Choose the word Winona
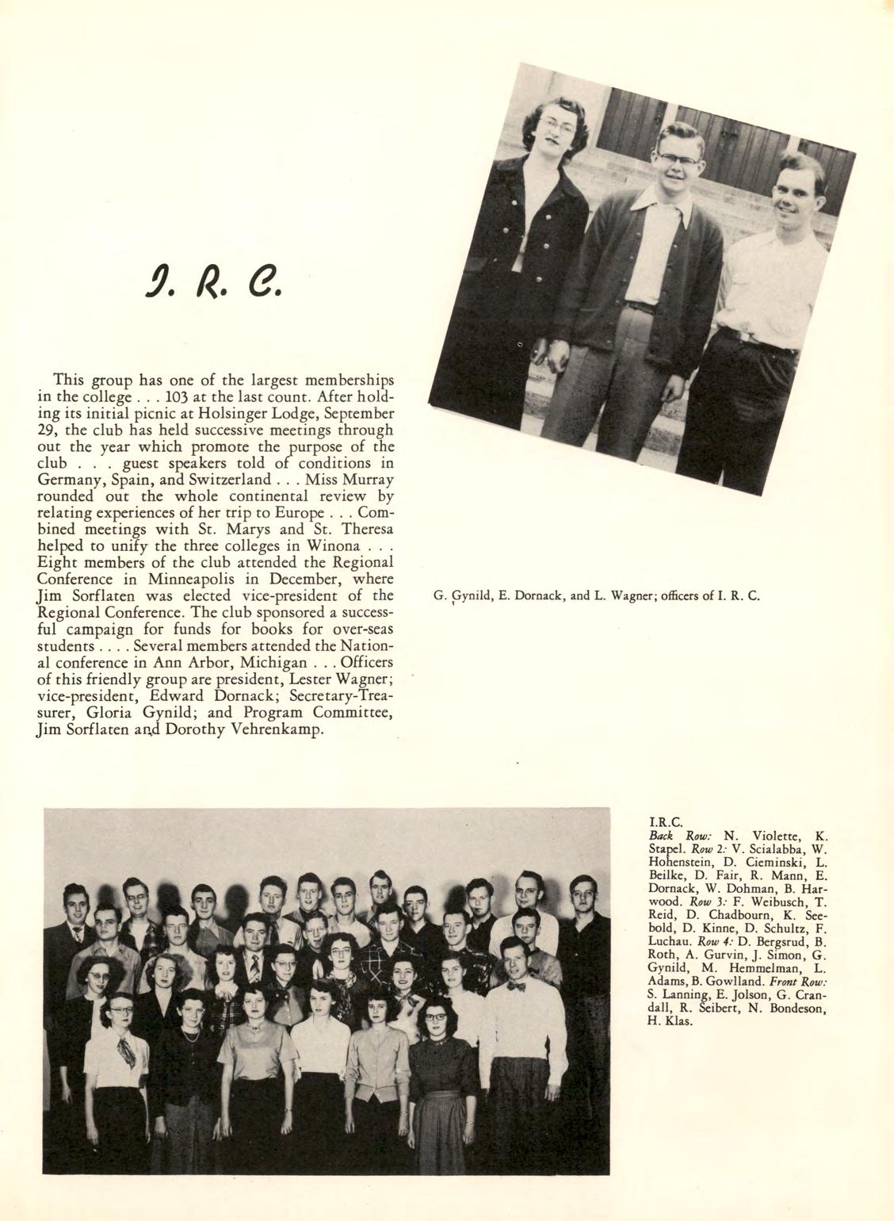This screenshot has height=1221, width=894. [x=342, y=547]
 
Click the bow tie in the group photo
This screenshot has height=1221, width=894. [x=517, y=987]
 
